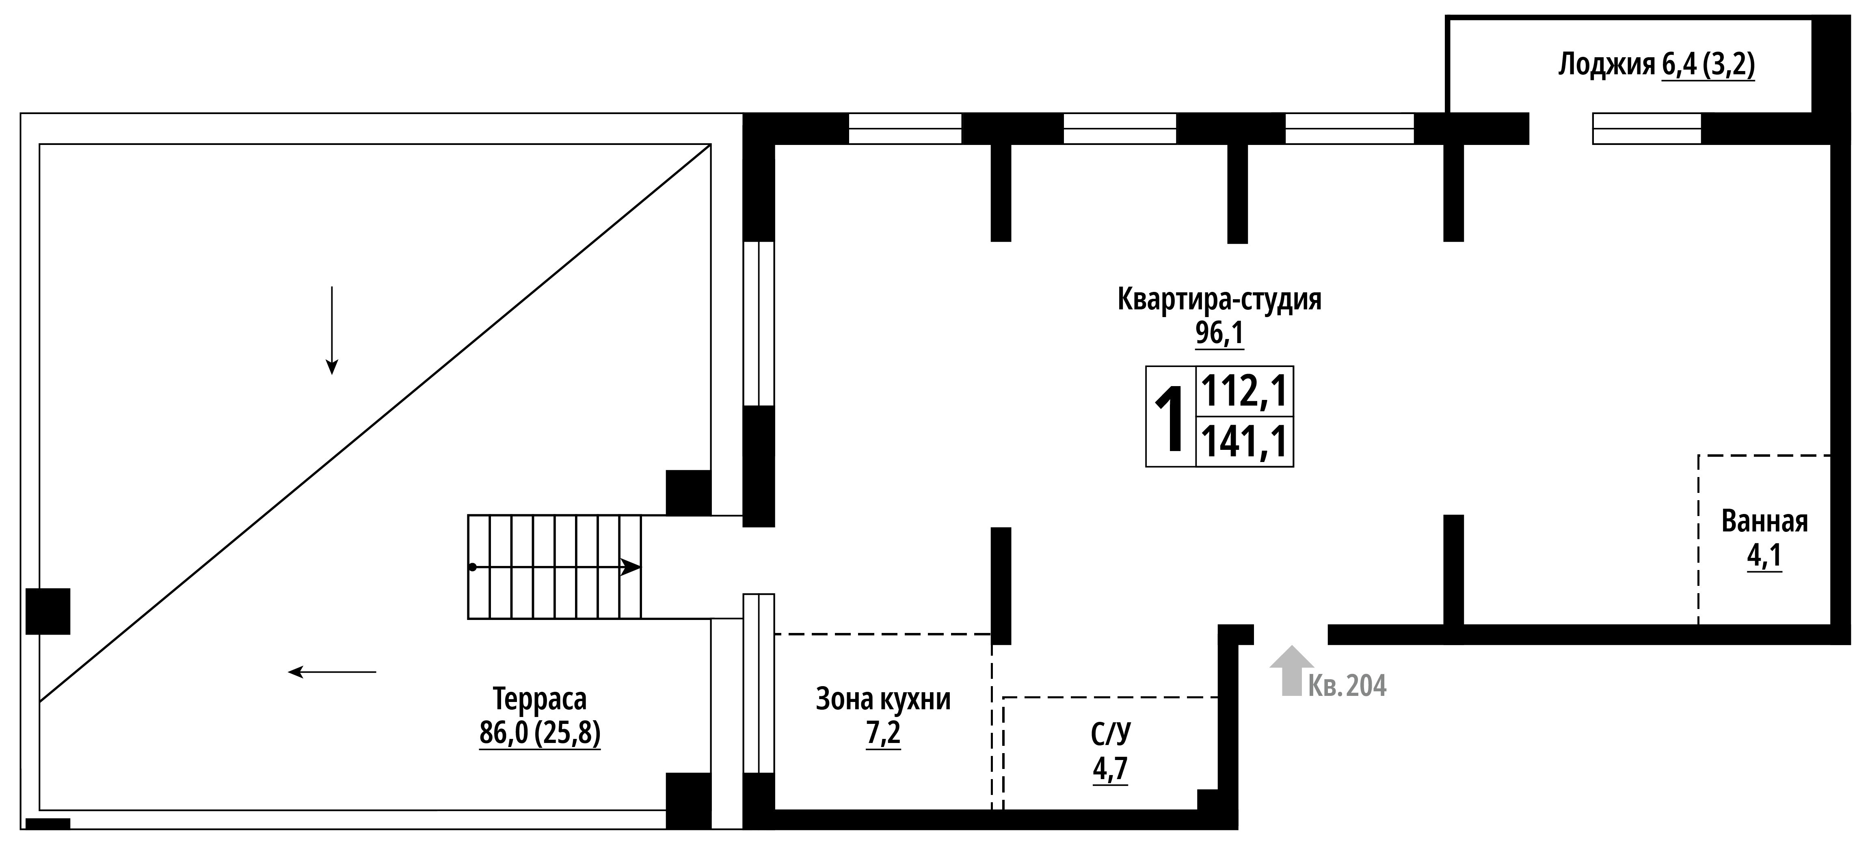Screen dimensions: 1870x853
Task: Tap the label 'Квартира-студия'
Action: click(x=1219, y=300)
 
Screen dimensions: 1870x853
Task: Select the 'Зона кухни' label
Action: click(x=884, y=699)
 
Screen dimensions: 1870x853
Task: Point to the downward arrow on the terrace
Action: click(x=332, y=330)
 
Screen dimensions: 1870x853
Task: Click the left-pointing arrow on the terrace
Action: click(x=333, y=672)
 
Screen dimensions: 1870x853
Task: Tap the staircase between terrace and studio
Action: click(x=555, y=567)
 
